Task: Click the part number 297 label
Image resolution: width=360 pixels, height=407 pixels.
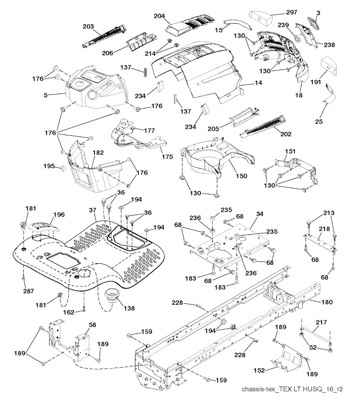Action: (x=291, y=12)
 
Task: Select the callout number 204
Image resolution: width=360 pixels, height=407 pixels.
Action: (x=159, y=16)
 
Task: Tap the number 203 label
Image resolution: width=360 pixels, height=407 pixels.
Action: (x=88, y=26)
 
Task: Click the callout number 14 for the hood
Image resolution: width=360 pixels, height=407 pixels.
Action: (x=258, y=83)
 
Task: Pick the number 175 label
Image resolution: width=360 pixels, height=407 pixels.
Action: (x=167, y=157)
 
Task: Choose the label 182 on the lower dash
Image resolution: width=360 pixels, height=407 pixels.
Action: (x=98, y=153)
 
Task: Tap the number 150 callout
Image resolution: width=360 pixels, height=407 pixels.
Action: (x=242, y=176)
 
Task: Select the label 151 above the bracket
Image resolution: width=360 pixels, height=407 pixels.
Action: (x=290, y=151)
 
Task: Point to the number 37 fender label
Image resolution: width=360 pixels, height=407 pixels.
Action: (x=93, y=210)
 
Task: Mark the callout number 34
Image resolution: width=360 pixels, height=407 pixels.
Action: (x=259, y=214)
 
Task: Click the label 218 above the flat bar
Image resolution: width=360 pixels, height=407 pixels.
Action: (x=324, y=229)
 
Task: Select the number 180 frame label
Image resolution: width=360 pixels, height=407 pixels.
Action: (x=327, y=302)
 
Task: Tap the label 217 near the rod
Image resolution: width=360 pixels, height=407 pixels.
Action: (x=321, y=322)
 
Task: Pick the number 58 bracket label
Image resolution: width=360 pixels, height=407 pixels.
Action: (x=92, y=325)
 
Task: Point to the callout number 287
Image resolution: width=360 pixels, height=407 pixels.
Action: (x=28, y=291)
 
